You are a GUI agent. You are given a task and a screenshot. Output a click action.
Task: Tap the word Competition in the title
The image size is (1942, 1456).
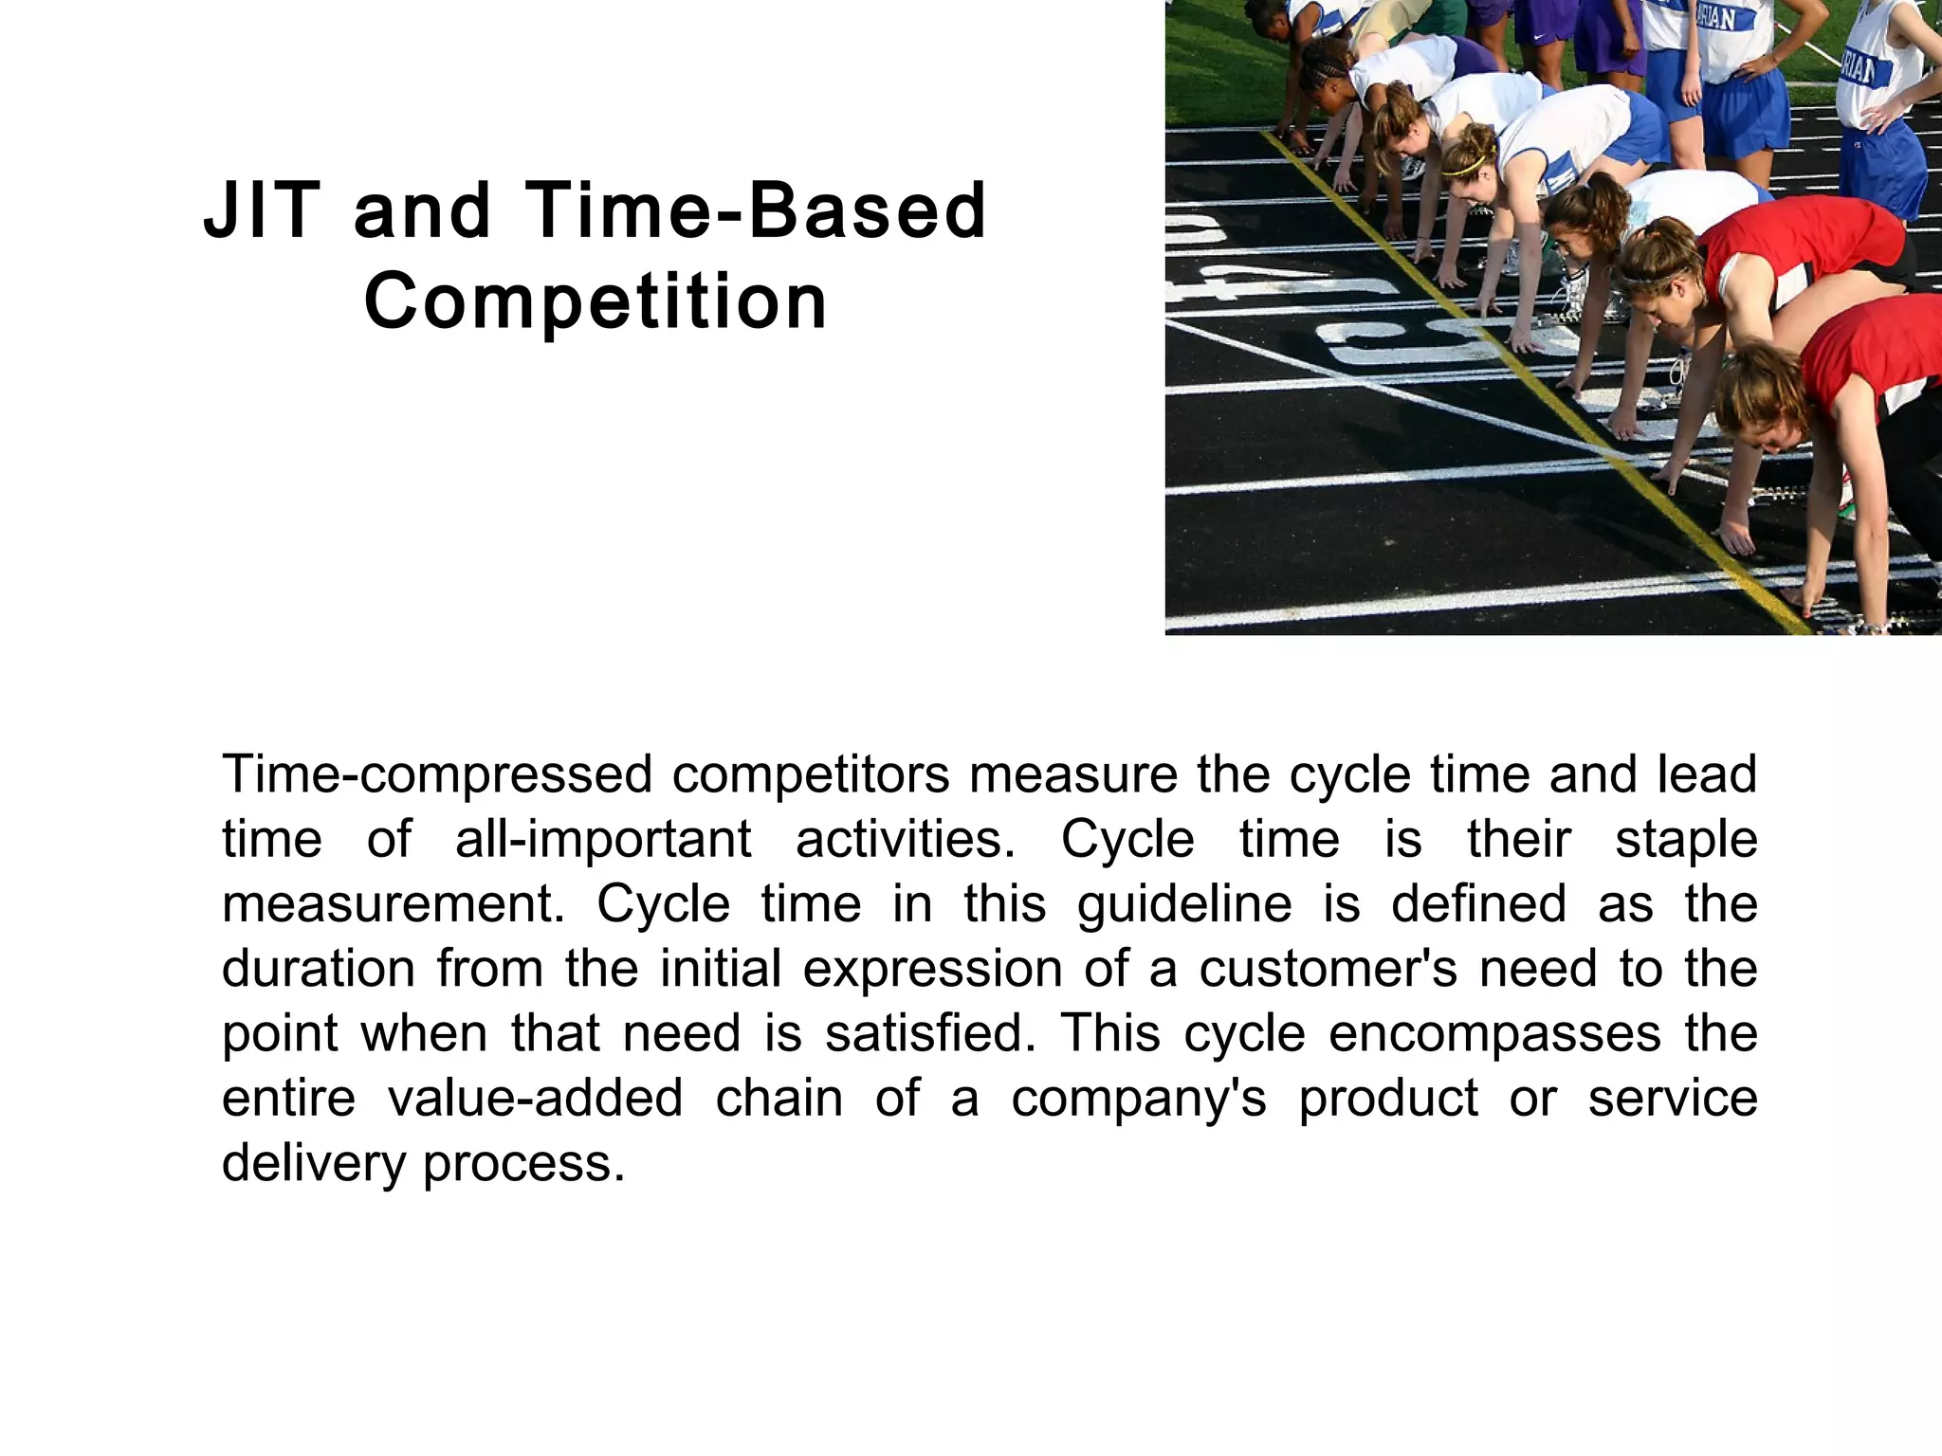point(595,301)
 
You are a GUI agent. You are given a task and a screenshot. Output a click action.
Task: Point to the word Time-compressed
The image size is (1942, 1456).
point(437,774)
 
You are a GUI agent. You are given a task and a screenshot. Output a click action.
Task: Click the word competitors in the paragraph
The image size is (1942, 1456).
point(811,774)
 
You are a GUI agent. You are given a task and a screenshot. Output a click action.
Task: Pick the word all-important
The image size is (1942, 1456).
point(603,840)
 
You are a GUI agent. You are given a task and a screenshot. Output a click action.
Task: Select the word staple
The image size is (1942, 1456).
point(1686,840)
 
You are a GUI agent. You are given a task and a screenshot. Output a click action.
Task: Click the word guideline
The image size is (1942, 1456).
point(1184,904)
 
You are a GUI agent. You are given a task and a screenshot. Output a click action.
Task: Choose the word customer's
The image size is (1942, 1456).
point(1328,969)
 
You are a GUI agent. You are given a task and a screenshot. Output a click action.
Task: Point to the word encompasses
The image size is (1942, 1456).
point(1494,1033)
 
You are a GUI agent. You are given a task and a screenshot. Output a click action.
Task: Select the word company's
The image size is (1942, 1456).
point(1139,1099)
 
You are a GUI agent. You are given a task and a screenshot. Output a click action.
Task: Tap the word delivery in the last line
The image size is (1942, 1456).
point(314,1163)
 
